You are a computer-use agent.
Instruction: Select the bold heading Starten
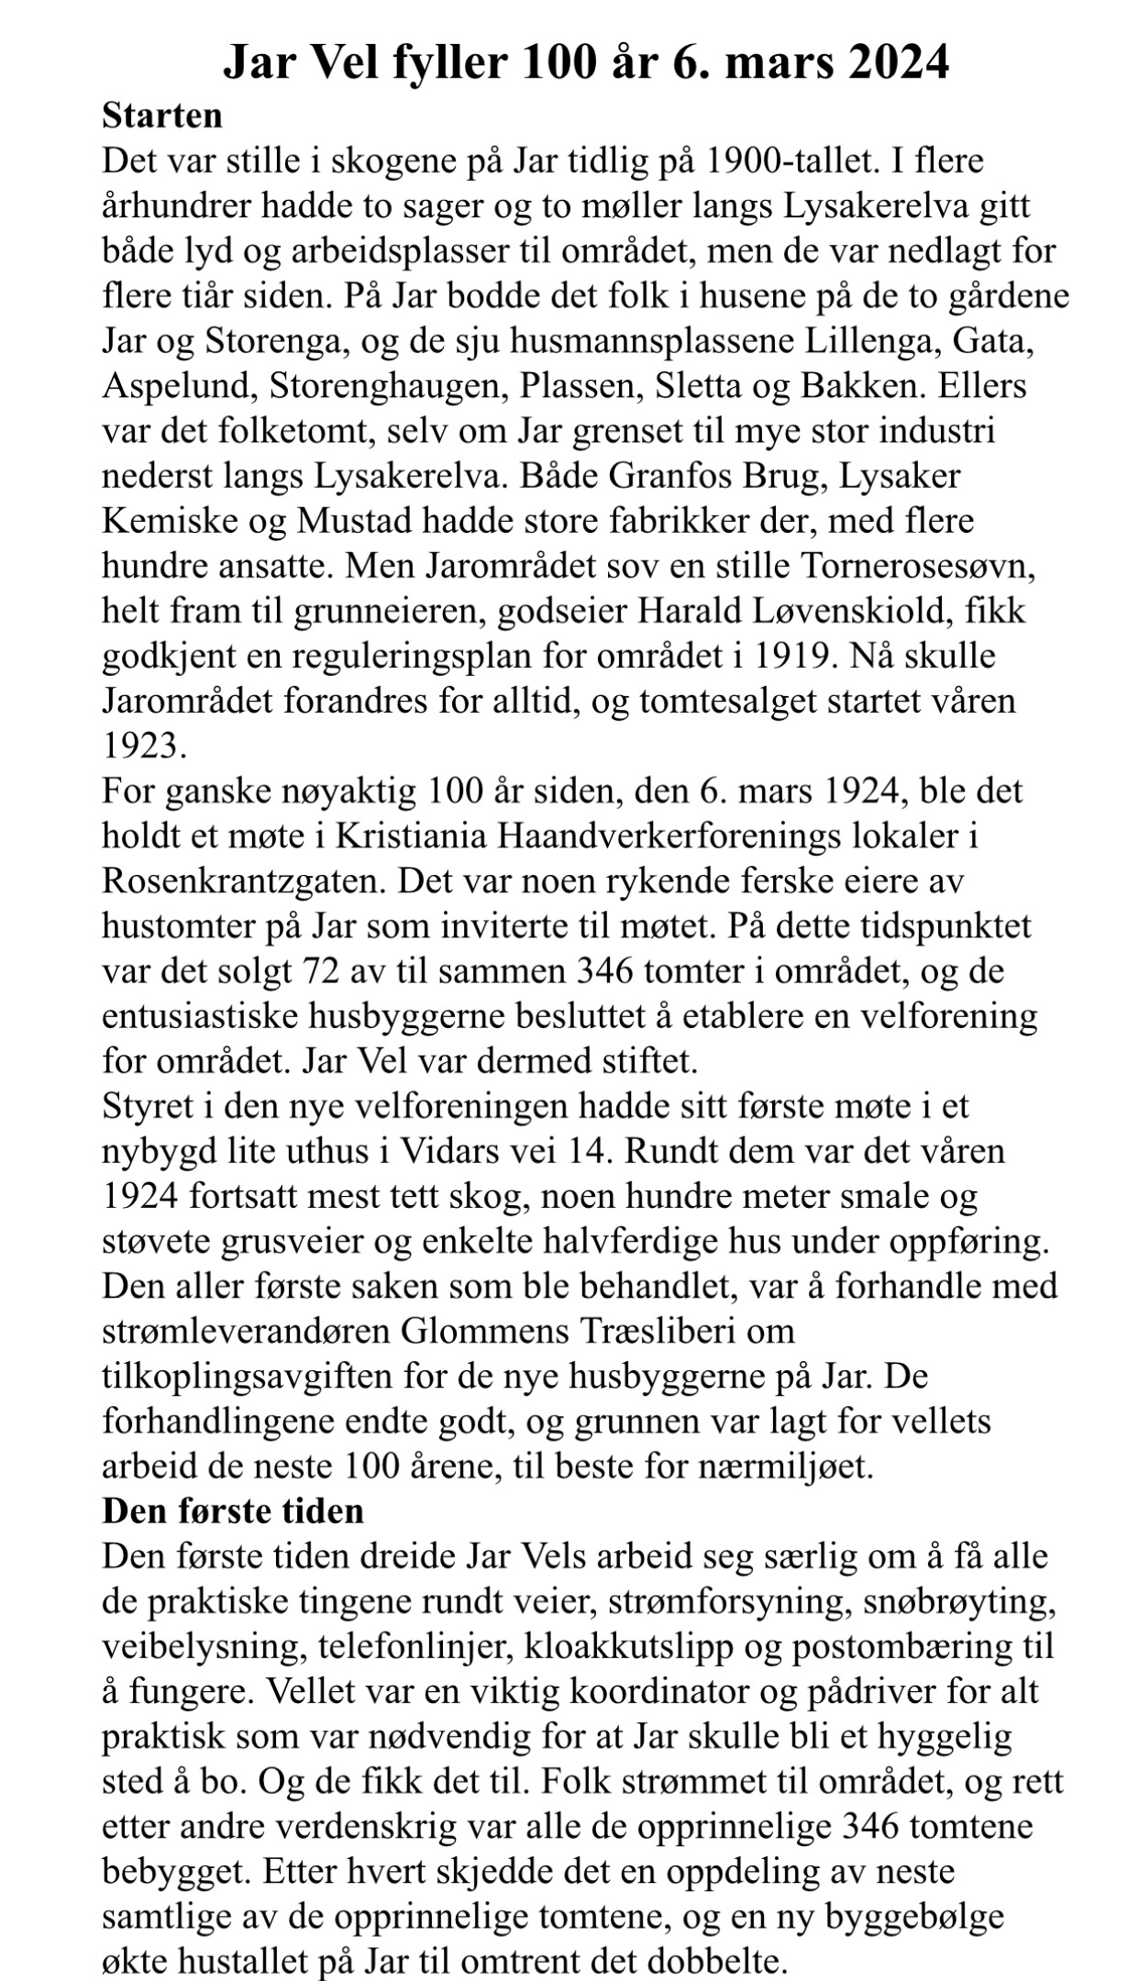162,116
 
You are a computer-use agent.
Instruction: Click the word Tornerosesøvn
918,566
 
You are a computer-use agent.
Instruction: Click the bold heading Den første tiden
233,1511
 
